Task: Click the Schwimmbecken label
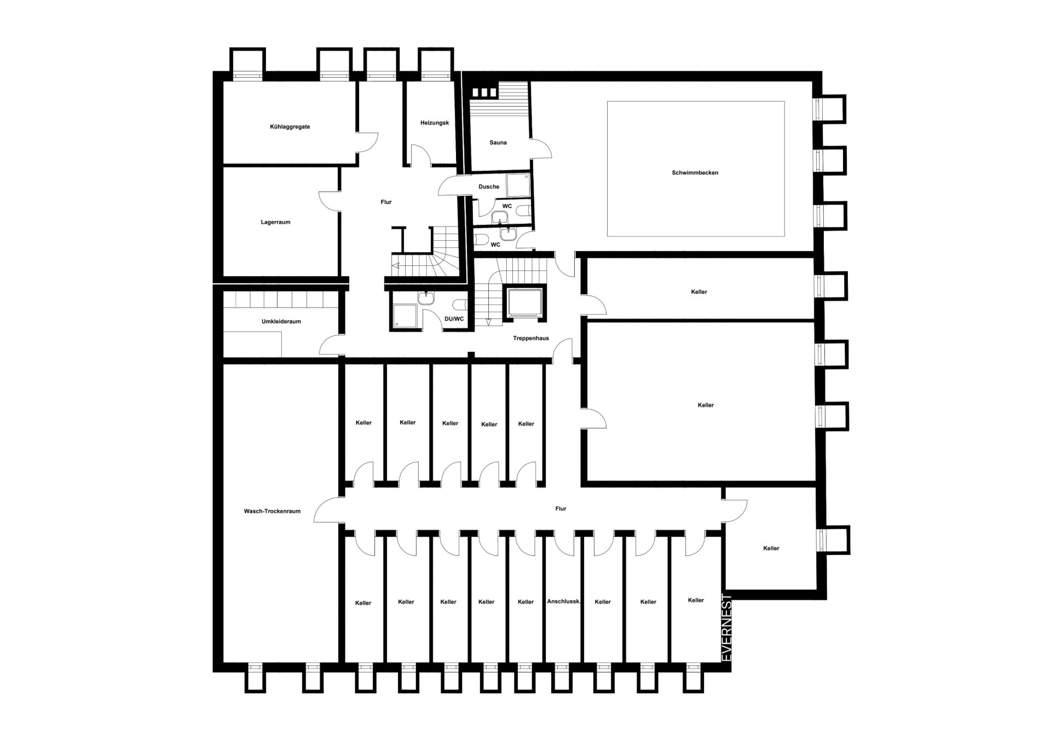coord(695,173)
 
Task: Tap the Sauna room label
coord(498,143)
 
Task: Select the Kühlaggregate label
coord(290,127)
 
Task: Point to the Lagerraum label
coord(275,223)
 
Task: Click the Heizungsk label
coord(435,123)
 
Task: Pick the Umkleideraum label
coord(281,322)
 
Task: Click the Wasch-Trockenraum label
coord(272,512)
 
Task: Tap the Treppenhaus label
coord(531,339)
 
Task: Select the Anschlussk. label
coord(564,602)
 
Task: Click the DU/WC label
coord(454,319)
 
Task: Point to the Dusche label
coord(489,187)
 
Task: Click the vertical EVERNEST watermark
coord(727,628)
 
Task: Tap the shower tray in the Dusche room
coord(518,185)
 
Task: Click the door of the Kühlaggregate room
coord(367,143)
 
